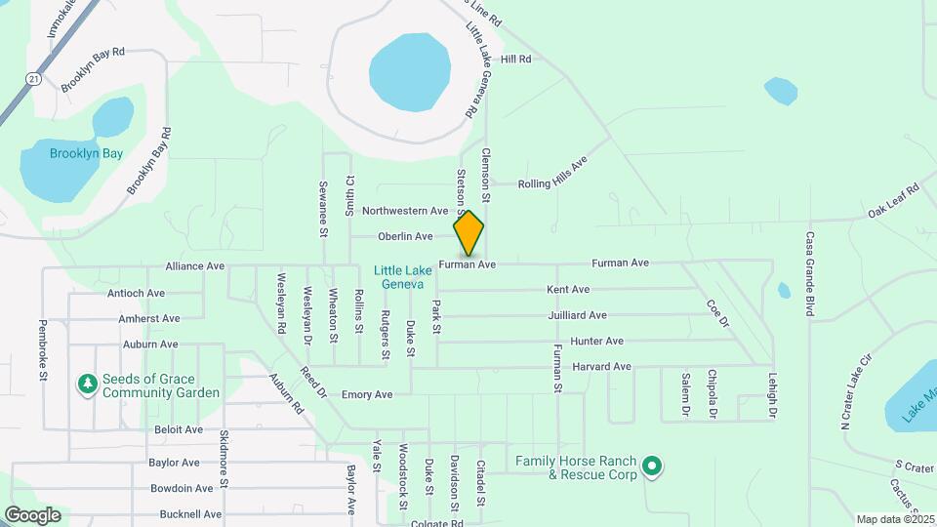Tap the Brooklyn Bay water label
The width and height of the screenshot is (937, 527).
(x=59, y=153)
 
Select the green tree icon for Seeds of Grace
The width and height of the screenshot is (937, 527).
(x=88, y=385)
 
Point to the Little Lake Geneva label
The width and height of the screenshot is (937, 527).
(x=398, y=277)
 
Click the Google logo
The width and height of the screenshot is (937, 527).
(x=32, y=514)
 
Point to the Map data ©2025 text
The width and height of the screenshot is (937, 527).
(x=896, y=519)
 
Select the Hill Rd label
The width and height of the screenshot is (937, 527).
(x=515, y=60)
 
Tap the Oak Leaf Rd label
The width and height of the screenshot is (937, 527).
(x=894, y=200)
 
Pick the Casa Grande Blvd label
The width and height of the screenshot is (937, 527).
(x=809, y=274)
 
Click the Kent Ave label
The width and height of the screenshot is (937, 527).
(x=568, y=290)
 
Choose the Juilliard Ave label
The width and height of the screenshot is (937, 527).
(x=577, y=315)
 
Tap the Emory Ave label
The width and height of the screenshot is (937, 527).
(x=367, y=394)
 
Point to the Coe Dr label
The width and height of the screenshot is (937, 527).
(x=718, y=312)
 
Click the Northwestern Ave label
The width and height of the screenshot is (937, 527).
(x=404, y=211)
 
